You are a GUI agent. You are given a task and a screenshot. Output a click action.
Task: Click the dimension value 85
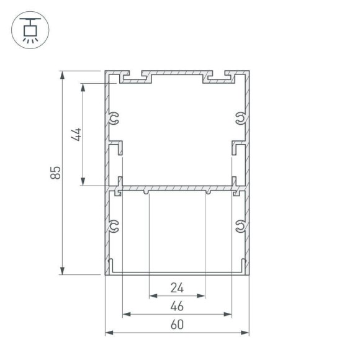55,172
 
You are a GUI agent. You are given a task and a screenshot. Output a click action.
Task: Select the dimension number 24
177,288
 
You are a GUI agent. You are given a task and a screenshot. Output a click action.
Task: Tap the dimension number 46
177,307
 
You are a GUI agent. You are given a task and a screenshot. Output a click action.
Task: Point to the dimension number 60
177,325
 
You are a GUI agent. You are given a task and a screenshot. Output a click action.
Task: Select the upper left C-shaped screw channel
114,118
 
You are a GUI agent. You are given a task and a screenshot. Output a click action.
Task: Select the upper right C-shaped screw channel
240,118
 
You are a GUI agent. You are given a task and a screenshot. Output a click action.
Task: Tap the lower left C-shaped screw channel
114,227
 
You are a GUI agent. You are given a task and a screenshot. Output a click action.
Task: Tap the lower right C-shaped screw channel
240,227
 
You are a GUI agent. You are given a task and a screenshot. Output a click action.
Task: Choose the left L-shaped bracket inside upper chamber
118,149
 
